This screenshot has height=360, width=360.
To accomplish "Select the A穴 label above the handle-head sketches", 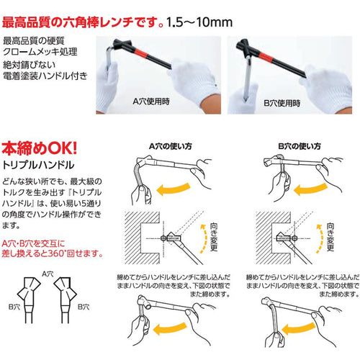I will tap(49, 274).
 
